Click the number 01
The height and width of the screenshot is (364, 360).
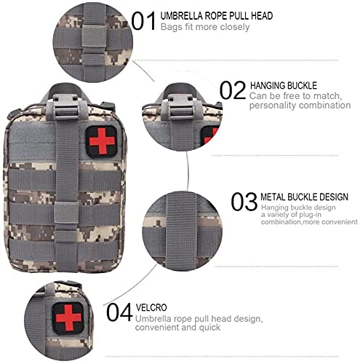[x=143, y=21]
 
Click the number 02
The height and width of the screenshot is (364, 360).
[x=233, y=90]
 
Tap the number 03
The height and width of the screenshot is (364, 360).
[x=244, y=202]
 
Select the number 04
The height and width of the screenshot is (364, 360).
[x=119, y=312]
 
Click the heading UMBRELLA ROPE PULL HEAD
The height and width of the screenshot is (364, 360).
[x=217, y=16]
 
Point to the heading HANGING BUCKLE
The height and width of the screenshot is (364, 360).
[x=284, y=86]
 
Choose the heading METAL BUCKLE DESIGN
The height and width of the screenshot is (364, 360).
[x=304, y=197]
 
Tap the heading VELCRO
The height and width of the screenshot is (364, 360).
[x=151, y=307]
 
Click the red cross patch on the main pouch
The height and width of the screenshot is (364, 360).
[x=102, y=141]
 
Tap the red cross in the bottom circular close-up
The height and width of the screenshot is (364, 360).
[x=68, y=318]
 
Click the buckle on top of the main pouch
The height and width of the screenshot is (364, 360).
[x=66, y=107]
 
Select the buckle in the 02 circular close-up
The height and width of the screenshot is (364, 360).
[x=181, y=107]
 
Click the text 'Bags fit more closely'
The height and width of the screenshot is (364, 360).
[x=205, y=27]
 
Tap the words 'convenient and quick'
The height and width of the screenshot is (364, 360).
[x=177, y=328]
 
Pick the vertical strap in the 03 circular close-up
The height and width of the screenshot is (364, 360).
[x=181, y=231]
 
